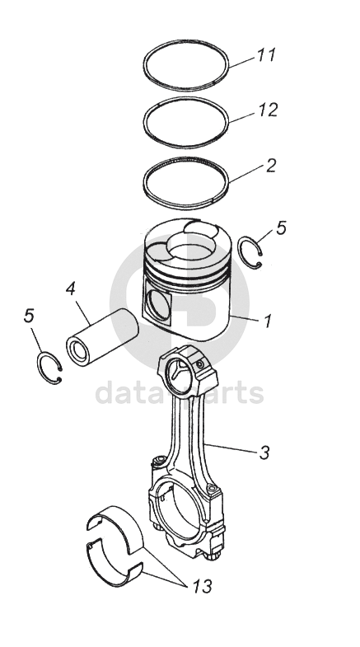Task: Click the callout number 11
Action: [266, 55]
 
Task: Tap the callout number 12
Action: [268, 110]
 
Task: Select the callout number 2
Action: [270, 166]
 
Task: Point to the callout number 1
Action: [268, 321]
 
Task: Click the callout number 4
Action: [71, 288]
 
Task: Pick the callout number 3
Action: [264, 452]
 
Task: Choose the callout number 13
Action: [202, 586]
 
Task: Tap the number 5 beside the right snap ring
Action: [281, 227]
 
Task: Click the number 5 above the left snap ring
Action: [29, 316]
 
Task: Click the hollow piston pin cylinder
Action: [102, 337]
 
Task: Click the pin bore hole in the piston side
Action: [157, 303]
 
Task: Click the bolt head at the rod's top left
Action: [158, 460]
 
